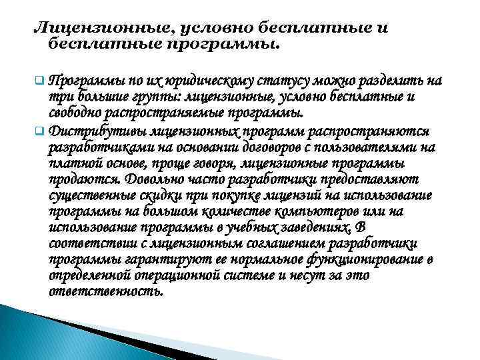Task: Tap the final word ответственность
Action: (105, 292)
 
